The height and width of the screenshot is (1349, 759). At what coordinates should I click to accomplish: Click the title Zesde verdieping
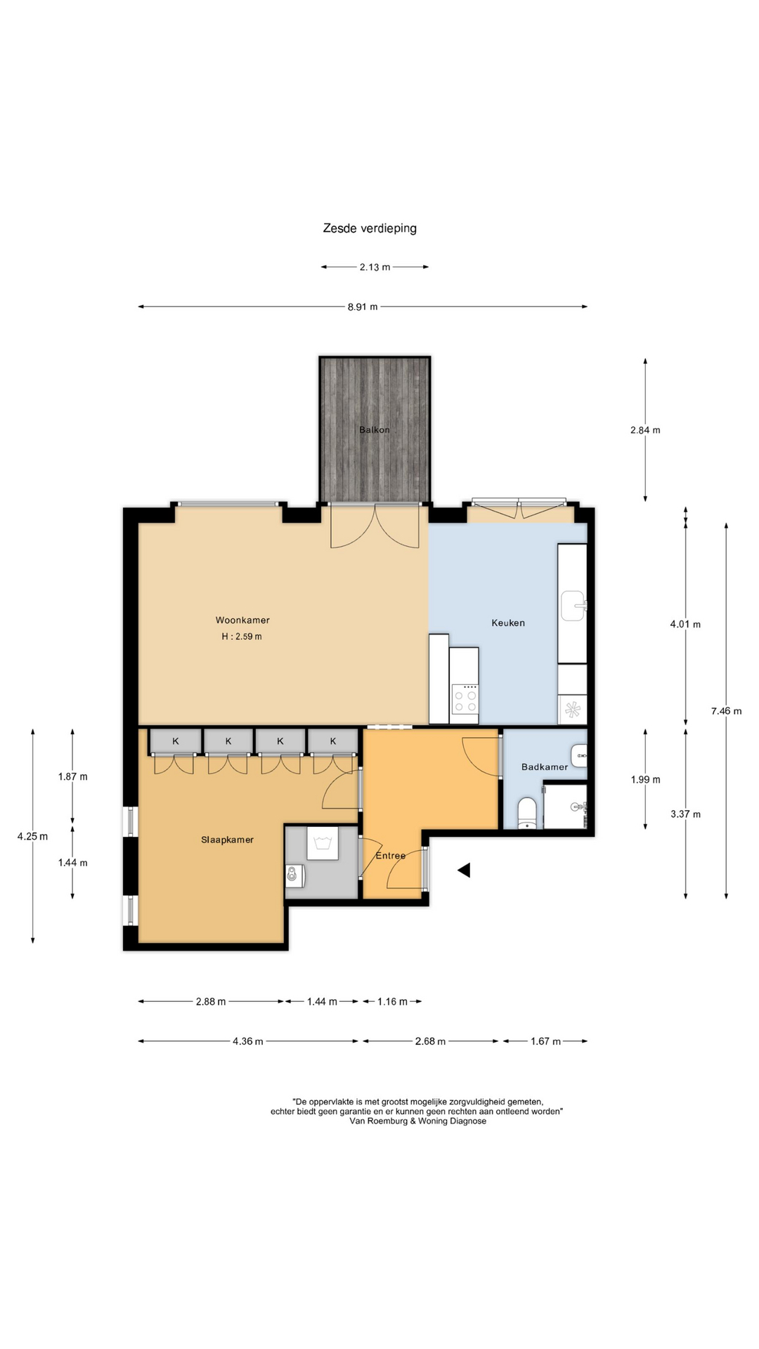click(x=370, y=228)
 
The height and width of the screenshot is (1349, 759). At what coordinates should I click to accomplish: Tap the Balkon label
click(x=374, y=430)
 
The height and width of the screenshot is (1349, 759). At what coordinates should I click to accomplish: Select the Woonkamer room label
click(x=242, y=620)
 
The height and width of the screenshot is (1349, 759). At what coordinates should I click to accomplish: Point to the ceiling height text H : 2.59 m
click(x=242, y=637)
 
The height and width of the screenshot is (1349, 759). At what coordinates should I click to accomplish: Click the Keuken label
click(x=508, y=623)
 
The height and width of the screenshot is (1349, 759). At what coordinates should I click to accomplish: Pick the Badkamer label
click(x=545, y=767)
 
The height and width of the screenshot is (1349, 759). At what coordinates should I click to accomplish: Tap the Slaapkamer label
click(x=227, y=840)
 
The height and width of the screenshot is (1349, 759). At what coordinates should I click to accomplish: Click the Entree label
click(x=391, y=856)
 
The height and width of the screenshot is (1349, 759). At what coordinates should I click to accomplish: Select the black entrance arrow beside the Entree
click(x=464, y=871)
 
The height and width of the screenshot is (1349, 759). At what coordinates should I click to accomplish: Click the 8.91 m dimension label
click(x=363, y=307)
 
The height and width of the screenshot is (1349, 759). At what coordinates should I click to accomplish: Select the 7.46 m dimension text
click(x=726, y=711)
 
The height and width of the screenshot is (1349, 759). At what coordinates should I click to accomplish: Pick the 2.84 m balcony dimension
click(x=645, y=430)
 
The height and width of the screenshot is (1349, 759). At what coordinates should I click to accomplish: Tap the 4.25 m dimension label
click(x=33, y=836)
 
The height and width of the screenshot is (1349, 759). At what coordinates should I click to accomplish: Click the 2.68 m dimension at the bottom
click(x=430, y=1041)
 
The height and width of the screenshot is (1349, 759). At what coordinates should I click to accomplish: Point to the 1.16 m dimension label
click(x=392, y=1002)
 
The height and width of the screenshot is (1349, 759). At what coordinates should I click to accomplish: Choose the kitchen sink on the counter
click(x=573, y=606)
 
